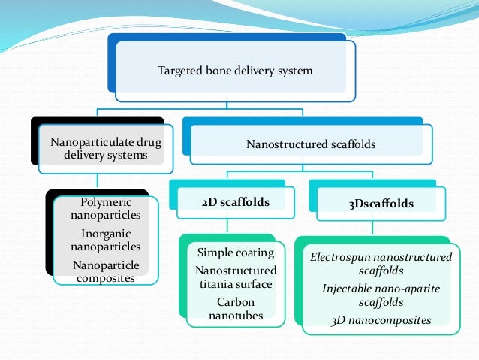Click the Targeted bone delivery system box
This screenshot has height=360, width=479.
click(234, 71)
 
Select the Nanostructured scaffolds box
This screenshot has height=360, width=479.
click(312, 144)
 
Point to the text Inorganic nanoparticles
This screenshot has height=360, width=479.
click(106, 240)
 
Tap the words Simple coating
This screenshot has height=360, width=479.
click(232, 252)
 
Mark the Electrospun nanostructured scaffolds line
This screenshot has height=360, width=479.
click(381, 263)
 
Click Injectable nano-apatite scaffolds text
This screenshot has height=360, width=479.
click(381, 295)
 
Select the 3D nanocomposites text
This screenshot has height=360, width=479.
click(381, 319)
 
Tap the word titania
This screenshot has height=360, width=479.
click(216, 284)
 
